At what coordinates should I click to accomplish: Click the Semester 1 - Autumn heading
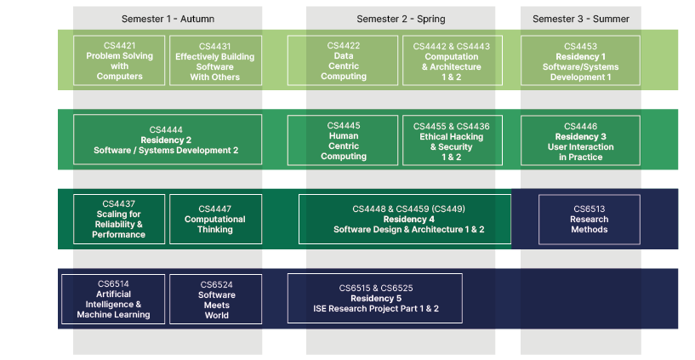pos(168,19)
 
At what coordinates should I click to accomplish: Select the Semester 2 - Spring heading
pos(402,19)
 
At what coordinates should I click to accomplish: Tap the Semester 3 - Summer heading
pos(581,19)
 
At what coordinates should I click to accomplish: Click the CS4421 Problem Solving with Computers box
pos(119,60)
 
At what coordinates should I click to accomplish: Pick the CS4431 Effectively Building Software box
pos(215,60)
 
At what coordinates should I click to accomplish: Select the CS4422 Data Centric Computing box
pos(343,60)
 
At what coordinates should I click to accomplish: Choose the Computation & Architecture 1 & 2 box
pos(453,60)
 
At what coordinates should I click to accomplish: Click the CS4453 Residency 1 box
pos(581,60)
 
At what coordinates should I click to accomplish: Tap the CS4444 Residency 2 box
pos(168,140)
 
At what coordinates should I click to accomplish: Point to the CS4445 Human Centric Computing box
pos(343,140)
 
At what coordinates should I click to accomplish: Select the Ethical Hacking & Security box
pos(453,140)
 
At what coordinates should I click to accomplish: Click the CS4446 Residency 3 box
pos(581,140)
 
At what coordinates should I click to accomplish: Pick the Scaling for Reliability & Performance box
pos(119,219)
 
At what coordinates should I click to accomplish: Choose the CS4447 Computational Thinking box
pos(215,219)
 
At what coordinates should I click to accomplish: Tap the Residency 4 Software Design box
pos(405,219)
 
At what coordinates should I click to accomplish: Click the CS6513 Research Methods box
pos(590,220)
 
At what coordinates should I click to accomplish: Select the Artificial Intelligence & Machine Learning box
pos(113,300)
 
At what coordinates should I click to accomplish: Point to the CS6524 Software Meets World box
pos(215,300)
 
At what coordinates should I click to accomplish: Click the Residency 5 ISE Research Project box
pos(375,299)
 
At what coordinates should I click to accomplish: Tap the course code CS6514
pos(113,283)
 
